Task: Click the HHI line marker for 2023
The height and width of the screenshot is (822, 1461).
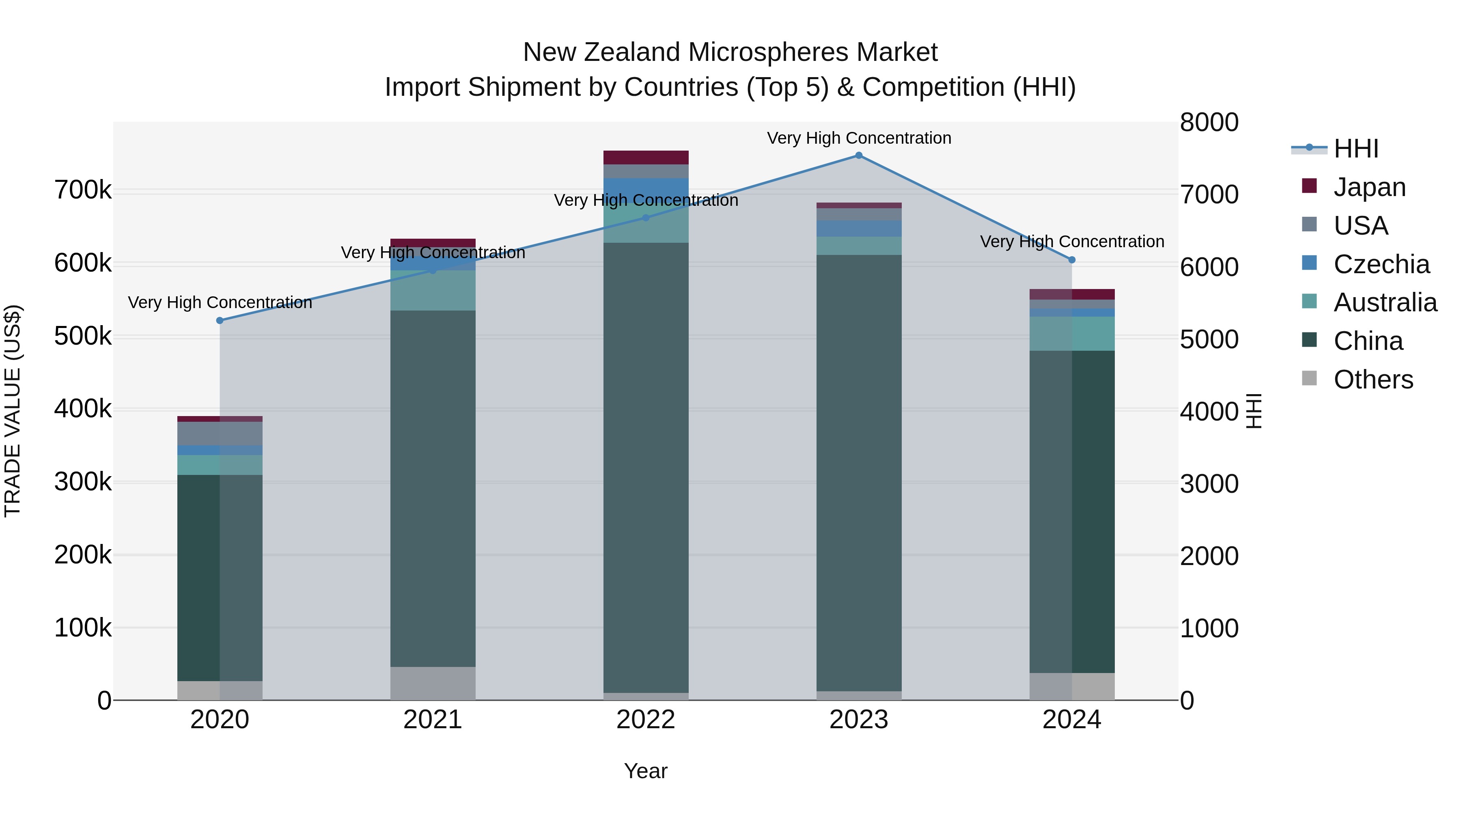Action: coord(859,155)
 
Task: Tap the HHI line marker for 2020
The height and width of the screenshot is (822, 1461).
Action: coord(220,321)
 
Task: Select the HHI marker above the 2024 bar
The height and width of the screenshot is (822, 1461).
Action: coord(1072,260)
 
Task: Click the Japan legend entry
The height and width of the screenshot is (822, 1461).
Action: coord(1369,187)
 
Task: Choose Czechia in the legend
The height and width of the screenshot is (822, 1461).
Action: coord(1381,264)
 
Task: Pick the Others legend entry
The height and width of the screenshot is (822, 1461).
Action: coord(1373,380)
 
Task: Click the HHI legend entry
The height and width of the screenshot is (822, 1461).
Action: coord(1355,149)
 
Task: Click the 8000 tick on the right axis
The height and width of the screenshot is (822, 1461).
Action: coord(1209,123)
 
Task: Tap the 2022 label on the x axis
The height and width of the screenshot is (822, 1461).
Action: coord(645,720)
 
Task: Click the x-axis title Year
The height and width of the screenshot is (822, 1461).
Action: coord(645,771)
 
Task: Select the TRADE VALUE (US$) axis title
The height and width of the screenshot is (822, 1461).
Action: coord(13,411)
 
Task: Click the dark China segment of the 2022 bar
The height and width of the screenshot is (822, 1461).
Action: coord(645,465)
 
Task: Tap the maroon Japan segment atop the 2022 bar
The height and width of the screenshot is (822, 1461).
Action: coord(645,157)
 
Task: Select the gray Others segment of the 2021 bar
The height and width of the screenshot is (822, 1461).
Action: coord(433,683)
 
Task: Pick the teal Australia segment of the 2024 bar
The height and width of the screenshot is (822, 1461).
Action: coord(1072,334)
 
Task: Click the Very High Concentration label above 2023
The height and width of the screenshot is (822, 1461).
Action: coord(859,138)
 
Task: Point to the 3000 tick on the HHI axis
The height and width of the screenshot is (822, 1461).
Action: coord(1209,484)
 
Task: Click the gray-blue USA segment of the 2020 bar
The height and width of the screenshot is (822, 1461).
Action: coord(220,434)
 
